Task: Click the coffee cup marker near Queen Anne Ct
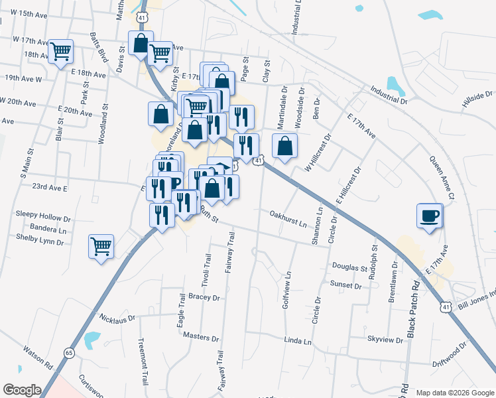[430, 215]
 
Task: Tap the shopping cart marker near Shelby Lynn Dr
[101, 247]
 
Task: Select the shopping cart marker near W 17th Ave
[61, 50]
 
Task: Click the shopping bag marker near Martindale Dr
[284, 147]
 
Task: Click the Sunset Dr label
[345, 285]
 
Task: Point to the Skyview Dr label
[385, 339]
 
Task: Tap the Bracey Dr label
[204, 297]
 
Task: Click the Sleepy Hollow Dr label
[43, 217]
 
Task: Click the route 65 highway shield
[69, 352]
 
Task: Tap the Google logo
[22, 390]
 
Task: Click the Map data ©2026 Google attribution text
[455, 393]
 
